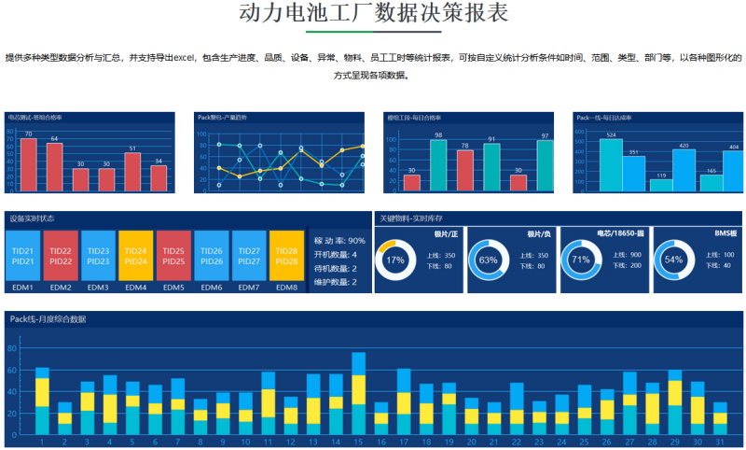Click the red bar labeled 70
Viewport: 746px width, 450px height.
[28, 164]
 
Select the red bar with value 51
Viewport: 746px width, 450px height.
[132, 171]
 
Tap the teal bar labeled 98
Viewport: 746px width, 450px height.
[438, 165]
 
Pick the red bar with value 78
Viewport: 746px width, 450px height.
[464, 170]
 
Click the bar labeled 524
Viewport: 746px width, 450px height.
[609, 165]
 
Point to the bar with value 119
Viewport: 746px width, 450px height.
[661, 185]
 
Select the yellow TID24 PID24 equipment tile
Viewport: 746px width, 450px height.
[135, 255]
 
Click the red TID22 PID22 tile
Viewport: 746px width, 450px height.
[60, 255]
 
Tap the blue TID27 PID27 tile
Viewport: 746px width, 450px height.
[249, 255]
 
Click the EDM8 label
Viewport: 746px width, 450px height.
[286, 288]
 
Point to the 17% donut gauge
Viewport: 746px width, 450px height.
[394, 260]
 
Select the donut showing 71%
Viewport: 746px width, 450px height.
[580, 260]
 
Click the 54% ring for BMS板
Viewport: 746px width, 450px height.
[673, 260]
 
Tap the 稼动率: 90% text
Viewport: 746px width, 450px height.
[339, 241]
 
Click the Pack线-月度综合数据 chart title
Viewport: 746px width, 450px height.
[48, 319]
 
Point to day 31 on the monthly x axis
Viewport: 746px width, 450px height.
[720, 442]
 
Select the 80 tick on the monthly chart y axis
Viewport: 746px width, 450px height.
[11, 348]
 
